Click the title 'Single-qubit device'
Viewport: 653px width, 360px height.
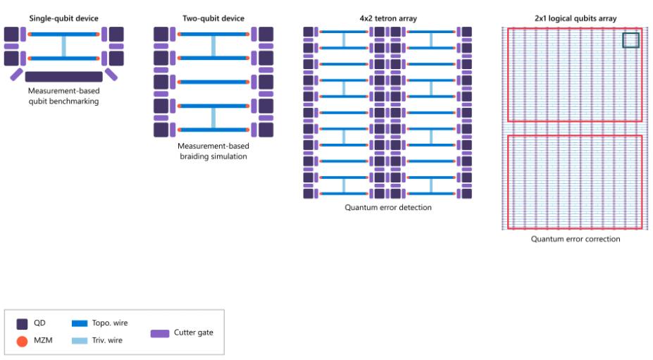coord(63,18)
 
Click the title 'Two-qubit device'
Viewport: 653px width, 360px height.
coord(213,18)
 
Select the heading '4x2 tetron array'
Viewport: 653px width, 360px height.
coord(388,18)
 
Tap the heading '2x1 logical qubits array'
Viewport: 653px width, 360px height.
coord(576,18)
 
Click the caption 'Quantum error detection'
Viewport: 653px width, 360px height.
coord(388,208)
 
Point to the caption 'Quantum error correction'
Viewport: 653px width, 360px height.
coord(576,239)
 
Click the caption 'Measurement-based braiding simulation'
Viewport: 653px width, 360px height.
coord(213,151)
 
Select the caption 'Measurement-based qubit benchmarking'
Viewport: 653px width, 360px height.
coord(63,96)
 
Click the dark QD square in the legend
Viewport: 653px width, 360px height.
coord(22,324)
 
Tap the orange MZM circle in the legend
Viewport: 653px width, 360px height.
coord(22,341)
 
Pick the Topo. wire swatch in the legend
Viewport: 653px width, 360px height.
coord(80,323)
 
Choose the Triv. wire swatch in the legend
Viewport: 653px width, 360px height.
coord(80,341)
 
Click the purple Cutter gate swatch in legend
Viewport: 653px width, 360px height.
coord(160,333)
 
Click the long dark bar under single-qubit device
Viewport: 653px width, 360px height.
coord(63,77)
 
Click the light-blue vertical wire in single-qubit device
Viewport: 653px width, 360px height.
coord(63,46)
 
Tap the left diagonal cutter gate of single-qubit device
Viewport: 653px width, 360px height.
coord(17,75)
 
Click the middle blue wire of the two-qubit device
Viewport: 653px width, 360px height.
coord(213,82)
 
